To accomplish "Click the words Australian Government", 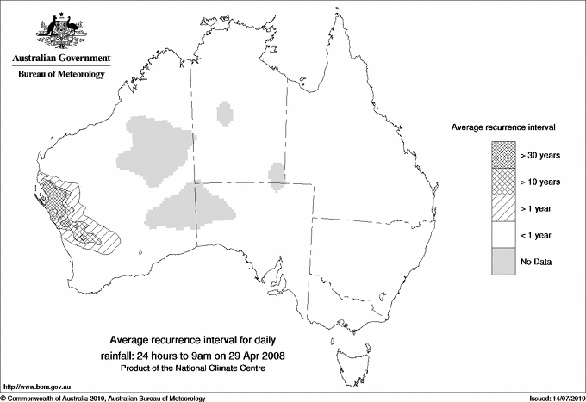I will pyautogui.click(x=60, y=59).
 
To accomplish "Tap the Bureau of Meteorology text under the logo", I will pyautogui.click(x=60, y=75).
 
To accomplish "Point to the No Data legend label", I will pyautogui.click(x=535, y=261).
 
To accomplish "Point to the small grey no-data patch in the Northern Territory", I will pyautogui.click(x=226, y=113).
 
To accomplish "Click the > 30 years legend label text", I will pyautogui.click(x=540, y=155).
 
